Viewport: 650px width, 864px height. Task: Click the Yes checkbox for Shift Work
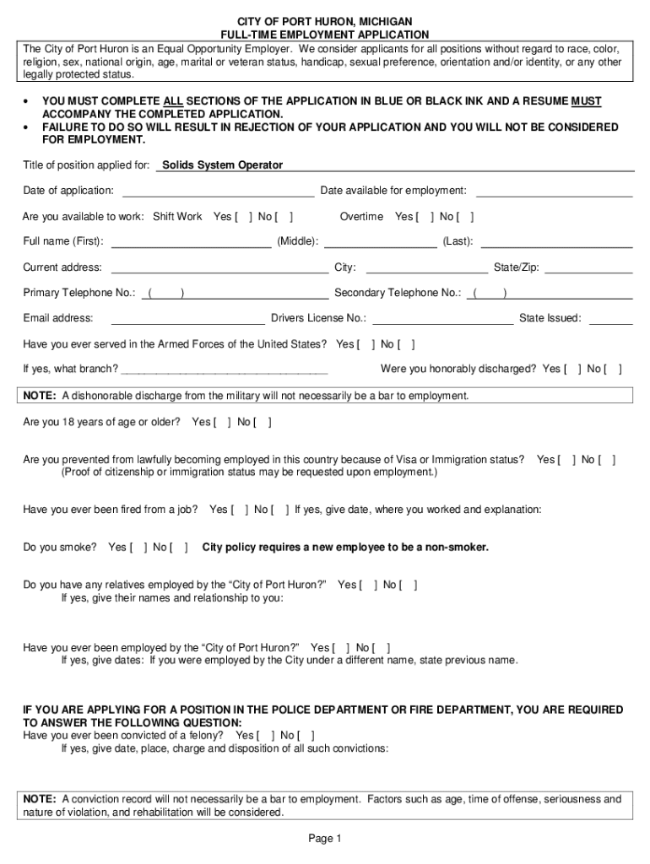point(243,217)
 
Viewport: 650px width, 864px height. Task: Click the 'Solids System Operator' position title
point(222,165)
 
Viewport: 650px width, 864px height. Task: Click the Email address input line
point(187,318)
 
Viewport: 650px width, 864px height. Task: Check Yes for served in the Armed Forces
point(366,344)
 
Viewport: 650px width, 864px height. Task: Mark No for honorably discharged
point(614,369)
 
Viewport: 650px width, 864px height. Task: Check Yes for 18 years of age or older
point(222,422)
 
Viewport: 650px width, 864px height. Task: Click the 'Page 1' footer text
point(324,839)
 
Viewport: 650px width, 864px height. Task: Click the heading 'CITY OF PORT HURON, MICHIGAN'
point(324,20)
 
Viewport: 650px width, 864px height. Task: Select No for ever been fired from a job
point(280,510)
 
